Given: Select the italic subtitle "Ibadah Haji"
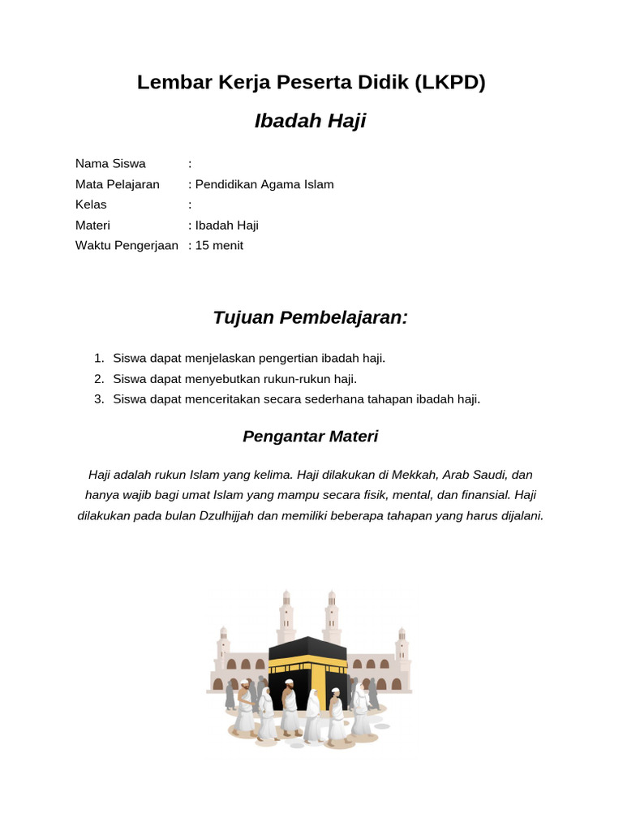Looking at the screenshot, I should coord(311,122).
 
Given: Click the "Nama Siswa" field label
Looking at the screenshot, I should coord(110,164).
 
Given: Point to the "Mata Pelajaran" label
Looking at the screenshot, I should coord(118,184).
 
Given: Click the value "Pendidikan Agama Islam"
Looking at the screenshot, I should coord(264,184).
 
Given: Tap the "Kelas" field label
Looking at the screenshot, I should coord(91,205).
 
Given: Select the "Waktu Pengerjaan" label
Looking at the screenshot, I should coord(127,245).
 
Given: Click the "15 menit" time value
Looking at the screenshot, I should coord(219,245).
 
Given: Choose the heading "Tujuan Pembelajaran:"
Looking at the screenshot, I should coord(311,317).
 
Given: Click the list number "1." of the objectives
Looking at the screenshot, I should coord(99,358).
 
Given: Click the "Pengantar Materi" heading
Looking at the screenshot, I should coord(311,437).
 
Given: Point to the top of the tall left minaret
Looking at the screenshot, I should coord(286,594).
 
